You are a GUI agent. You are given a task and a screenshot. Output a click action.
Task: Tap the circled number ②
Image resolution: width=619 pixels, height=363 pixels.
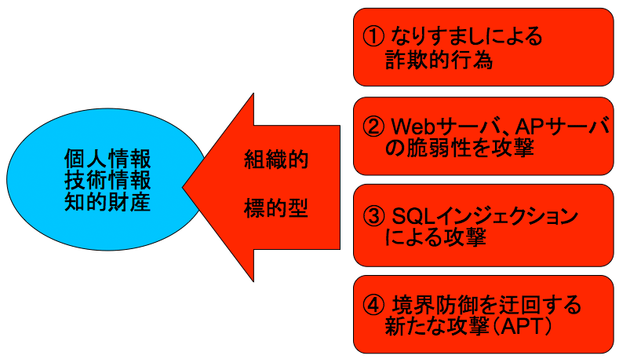(x=373, y=126)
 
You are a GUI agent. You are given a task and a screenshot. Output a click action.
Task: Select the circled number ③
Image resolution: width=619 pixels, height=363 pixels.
(x=373, y=216)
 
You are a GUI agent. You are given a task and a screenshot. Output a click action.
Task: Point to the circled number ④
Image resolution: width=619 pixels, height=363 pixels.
(x=373, y=306)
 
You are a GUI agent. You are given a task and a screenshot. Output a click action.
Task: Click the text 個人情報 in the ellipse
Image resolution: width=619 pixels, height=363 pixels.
(x=107, y=159)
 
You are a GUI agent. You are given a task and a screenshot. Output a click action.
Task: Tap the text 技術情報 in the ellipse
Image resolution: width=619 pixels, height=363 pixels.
(x=107, y=180)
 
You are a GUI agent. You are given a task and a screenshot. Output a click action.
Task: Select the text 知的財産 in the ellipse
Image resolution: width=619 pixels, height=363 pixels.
(x=107, y=202)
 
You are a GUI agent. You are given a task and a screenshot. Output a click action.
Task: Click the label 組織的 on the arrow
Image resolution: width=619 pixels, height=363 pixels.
(x=276, y=159)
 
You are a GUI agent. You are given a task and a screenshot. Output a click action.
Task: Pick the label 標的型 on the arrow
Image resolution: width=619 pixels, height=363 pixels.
(x=276, y=208)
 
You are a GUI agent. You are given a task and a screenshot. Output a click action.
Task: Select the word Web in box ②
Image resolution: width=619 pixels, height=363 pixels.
(x=413, y=126)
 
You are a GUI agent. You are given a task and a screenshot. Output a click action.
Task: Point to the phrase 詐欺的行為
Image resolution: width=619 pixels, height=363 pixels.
(x=439, y=60)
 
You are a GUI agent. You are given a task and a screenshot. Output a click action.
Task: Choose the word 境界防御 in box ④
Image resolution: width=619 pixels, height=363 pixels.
(x=435, y=306)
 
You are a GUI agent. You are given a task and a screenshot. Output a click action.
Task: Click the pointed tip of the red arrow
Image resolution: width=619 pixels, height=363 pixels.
(x=183, y=188)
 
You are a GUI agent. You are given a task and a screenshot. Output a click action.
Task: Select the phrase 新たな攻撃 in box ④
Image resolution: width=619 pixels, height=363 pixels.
(x=435, y=327)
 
